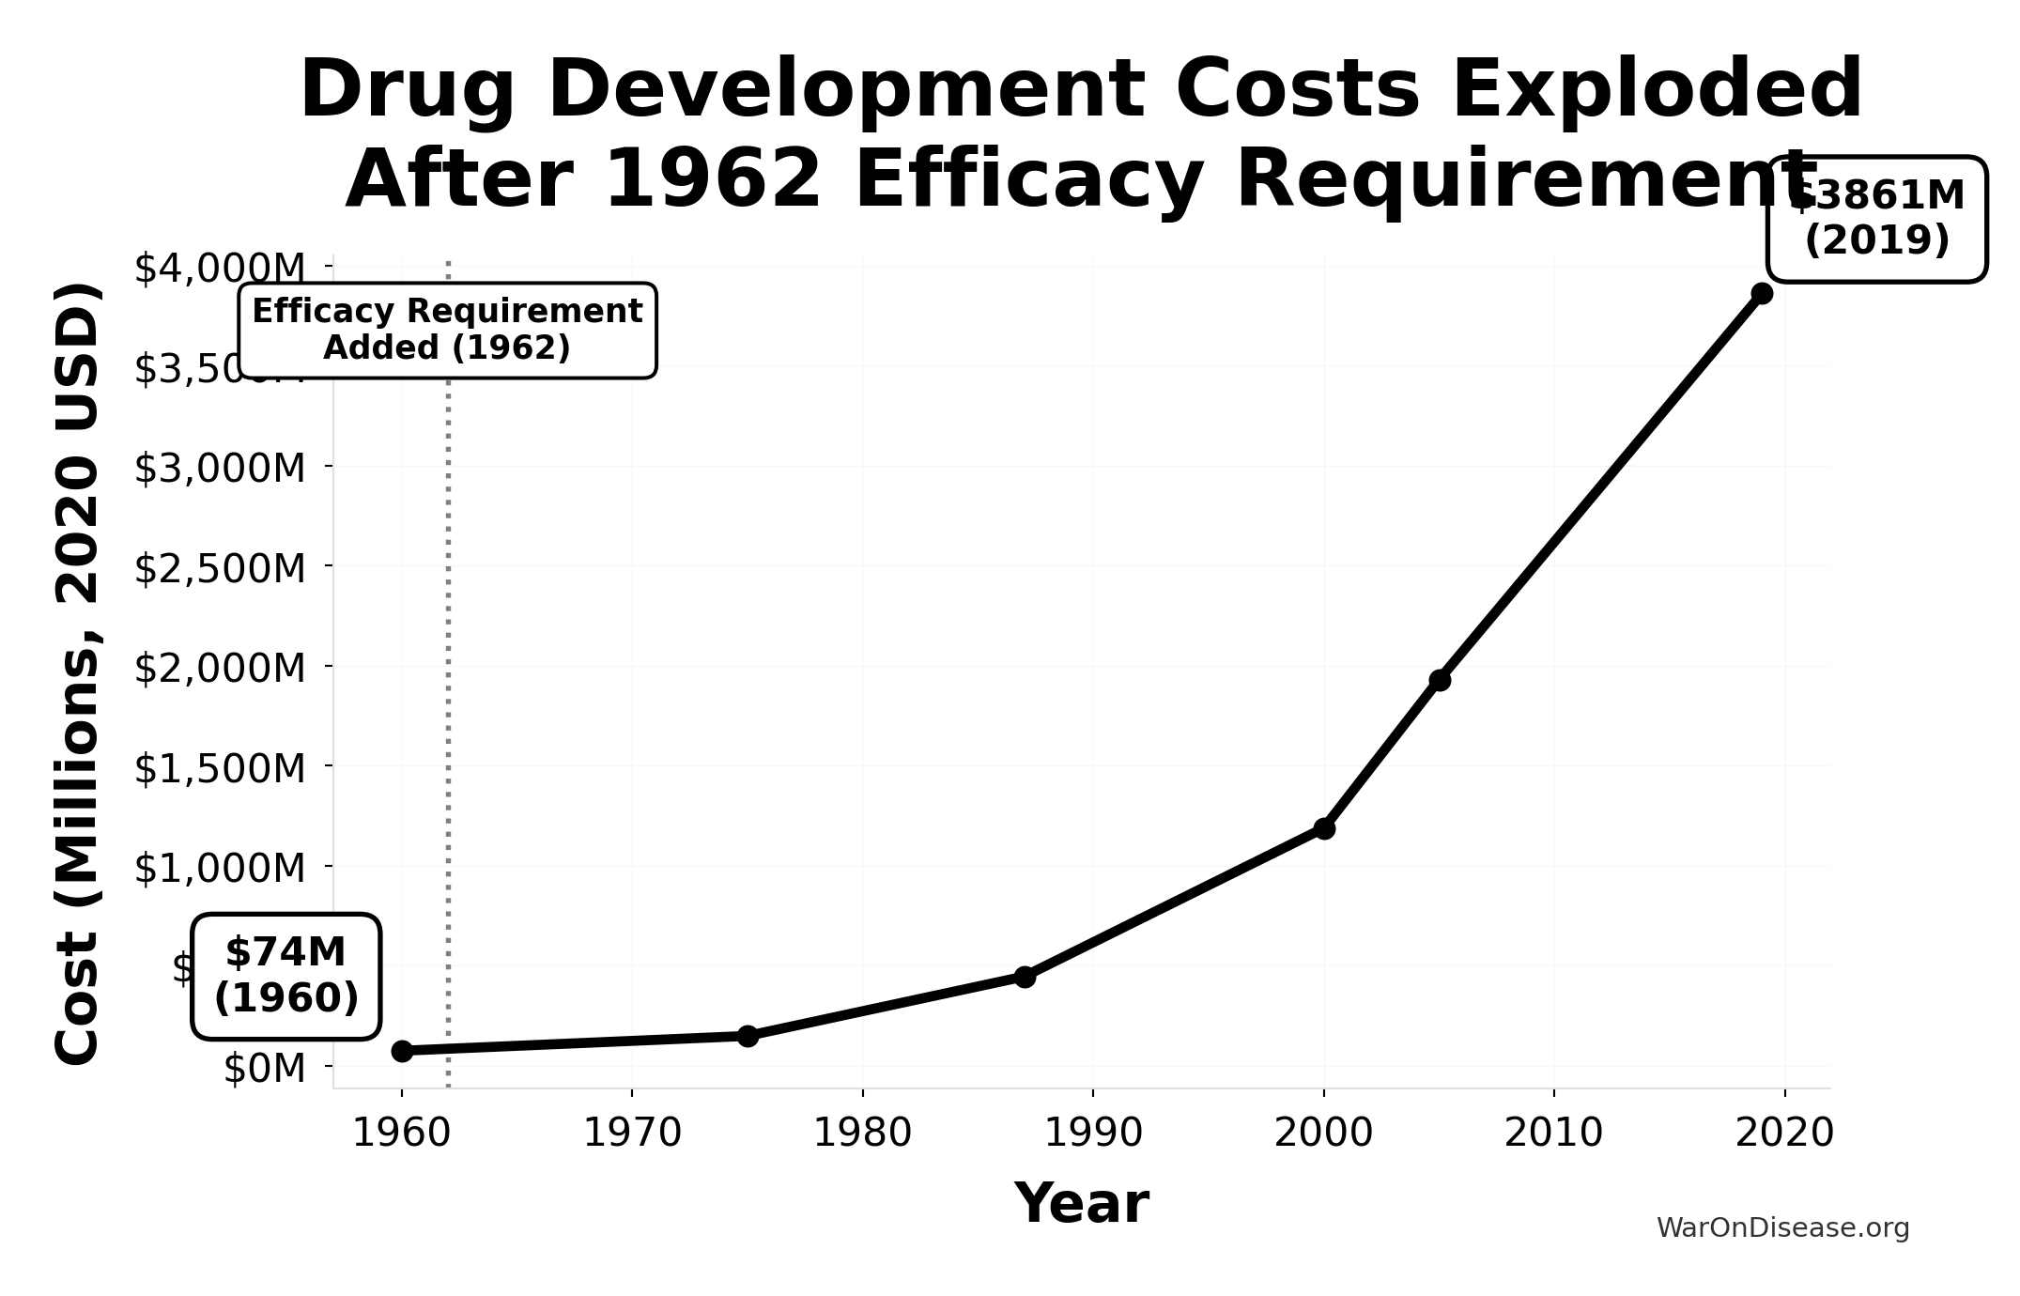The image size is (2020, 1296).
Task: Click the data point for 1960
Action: point(402,1051)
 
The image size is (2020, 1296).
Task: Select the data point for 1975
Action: point(748,1036)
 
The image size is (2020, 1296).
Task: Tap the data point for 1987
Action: point(1025,977)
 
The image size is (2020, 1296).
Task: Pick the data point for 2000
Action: point(1324,828)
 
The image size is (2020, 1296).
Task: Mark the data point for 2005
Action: point(1440,680)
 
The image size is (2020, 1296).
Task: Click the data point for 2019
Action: point(1762,293)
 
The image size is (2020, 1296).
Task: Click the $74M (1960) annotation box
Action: point(286,976)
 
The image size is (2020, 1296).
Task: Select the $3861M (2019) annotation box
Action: point(1876,219)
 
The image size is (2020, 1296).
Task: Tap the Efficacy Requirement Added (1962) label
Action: point(447,330)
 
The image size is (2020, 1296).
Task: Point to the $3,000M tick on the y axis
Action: point(220,468)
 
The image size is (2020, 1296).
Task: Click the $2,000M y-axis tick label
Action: point(220,668)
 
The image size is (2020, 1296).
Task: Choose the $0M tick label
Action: point(265,1068)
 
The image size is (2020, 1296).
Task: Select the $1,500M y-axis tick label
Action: point(220,768)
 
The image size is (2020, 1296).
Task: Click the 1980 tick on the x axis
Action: point(862,1134)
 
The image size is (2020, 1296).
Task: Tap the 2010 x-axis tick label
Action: point(1553,1134)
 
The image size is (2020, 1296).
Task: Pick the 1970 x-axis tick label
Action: point(632,1134)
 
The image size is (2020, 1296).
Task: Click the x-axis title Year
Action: point(1081,1203)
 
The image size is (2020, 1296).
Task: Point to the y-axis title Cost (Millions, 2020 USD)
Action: point(77,672)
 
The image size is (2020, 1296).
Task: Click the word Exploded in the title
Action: point(1657,90)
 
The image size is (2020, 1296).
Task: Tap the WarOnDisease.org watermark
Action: point(1782,1228)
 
